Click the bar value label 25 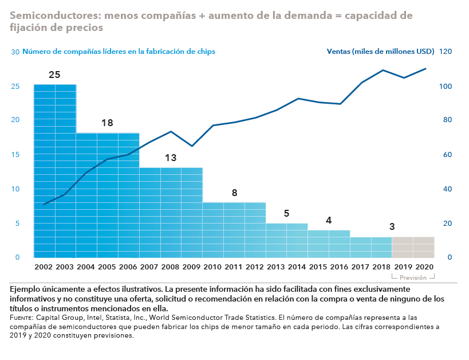(54, 75)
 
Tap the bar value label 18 (107, 123)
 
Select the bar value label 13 (171, 158)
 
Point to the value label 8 (234, 193)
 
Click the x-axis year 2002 (44, 267)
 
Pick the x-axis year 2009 (192, 267)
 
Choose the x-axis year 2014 (297, 267)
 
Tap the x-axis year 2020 (424, 267)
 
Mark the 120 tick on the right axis (446, 52)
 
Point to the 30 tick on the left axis (15, 52)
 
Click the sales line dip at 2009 (192, 146)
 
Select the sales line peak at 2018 (383, 70)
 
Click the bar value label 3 (392, 227)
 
